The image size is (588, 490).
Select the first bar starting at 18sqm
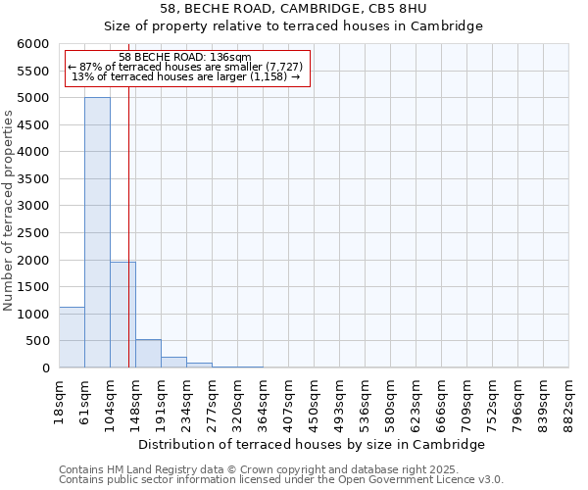click(72, 337)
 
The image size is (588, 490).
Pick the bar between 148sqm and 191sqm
click(148, 354)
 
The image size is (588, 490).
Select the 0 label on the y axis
click(44, 368)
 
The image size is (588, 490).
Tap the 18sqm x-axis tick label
click(60, 400)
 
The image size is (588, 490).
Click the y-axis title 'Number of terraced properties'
click(9, 210)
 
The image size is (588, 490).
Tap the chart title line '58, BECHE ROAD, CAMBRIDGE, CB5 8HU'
click(293, 9)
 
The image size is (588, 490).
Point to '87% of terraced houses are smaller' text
click(186, 67)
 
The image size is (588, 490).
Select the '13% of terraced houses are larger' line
click(186, 76)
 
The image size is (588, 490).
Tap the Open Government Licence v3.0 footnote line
click(280, 480)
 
